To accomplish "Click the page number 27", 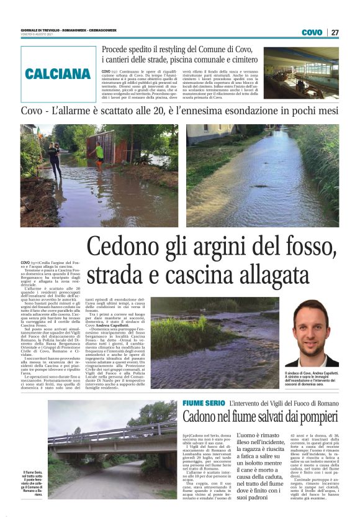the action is click(x=335, y=32).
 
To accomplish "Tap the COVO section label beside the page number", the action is click(x=312, y=32).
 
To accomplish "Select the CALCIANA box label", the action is click(x=58, y=74).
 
